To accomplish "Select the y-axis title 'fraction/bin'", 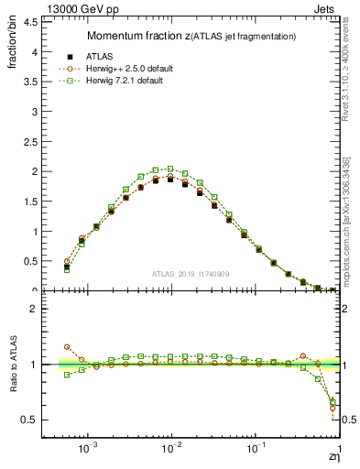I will tap(12, 51).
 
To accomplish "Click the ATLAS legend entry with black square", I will tap(114, 56).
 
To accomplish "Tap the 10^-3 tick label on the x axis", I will tap(88, 449).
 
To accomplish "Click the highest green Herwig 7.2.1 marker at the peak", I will tap(170, 169).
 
